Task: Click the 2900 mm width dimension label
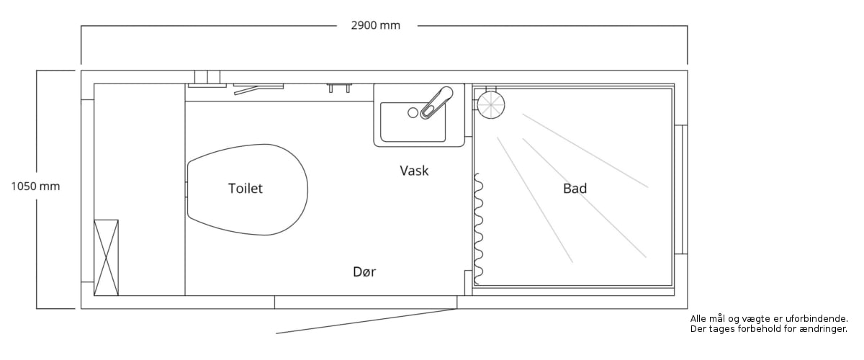pos(375,26)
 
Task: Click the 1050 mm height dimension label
pos(35,186)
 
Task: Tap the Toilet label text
pos(246,189)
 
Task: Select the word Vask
pos(414,171)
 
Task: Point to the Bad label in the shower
pos(575,189)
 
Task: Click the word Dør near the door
pos(364,272)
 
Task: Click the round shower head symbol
pos(491,104)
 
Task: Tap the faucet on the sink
pos(436,102)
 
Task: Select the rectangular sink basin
pos(413,122)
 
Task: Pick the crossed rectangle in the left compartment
pos(107,257)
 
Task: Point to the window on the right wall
pos(680,189)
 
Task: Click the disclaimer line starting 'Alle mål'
pos(768,318)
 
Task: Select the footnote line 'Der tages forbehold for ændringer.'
pos(768,329)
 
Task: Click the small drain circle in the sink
pos(413,112)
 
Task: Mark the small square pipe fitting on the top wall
pos(207,78)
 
